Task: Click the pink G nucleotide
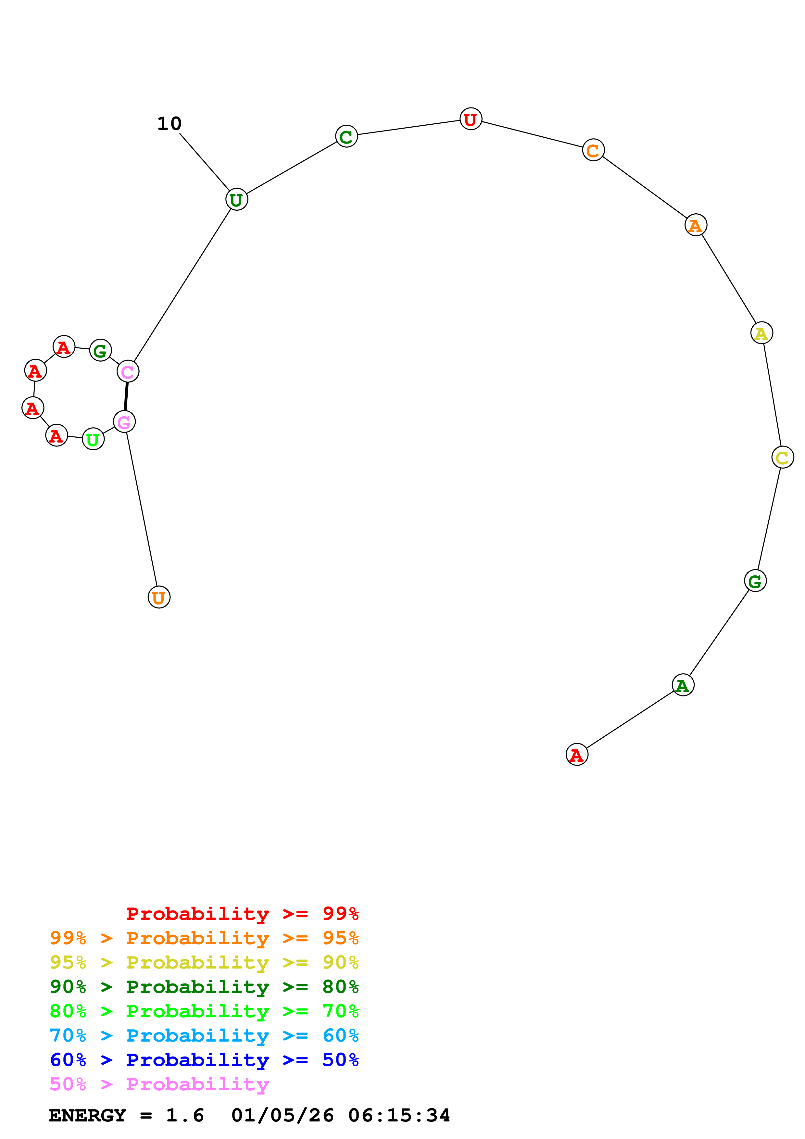(x=124, y=422)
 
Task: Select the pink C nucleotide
(x=128, y=371)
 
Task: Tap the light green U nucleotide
(x=93, y=439)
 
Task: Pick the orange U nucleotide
(x=159, y=597)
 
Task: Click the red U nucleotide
(x=470, y=119)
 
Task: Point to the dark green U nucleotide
(x=237, y=199)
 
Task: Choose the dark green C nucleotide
(x=346, y=136)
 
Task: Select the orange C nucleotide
(x=593, y=150)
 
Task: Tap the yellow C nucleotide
(x=782, y=457)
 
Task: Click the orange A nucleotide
(x=695, y=225)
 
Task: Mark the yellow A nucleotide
(x=761, y=333)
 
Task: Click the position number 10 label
(x=169, y=123)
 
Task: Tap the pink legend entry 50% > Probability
(x=159, y=1084)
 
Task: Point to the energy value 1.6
(x=184, y=1115)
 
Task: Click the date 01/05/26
(x=282, y=1115)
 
